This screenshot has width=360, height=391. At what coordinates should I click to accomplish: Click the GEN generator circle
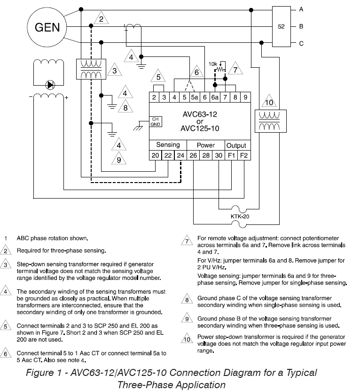pos(47,27)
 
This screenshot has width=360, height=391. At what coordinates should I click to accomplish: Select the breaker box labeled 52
pos(281,26)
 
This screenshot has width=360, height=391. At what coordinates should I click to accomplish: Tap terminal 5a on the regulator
pos(194,97)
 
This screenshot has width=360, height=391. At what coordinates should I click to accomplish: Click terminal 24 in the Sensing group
pos(180,155)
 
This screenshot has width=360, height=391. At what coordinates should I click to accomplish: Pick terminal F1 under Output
pos(231,155)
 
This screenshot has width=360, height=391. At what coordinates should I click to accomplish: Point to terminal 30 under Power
pos(219,155)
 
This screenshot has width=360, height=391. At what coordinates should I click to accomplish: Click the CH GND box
pos(156,121)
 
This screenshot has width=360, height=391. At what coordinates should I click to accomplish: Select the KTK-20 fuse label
pos(240,216)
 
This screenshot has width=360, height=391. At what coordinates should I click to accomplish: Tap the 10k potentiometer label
pos(213,64)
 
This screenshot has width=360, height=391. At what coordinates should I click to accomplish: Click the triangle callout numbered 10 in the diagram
pos(269,102)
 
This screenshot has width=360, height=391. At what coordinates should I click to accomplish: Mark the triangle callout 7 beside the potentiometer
pos(235,69)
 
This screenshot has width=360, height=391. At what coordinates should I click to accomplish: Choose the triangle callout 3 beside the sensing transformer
pos(115,70)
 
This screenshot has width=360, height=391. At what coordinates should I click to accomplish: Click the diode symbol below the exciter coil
pos(50,85)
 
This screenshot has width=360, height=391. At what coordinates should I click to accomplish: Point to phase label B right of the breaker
pos(301,26)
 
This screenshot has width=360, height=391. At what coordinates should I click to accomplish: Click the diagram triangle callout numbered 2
pos(101,18)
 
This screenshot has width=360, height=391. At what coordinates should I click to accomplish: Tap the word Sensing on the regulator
pos(168,145)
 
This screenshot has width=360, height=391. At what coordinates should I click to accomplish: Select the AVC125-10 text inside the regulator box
pos(200,128)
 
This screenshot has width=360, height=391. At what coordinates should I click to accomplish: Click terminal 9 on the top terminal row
pos(245,97)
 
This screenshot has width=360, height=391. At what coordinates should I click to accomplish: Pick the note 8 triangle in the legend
pos(187,299)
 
